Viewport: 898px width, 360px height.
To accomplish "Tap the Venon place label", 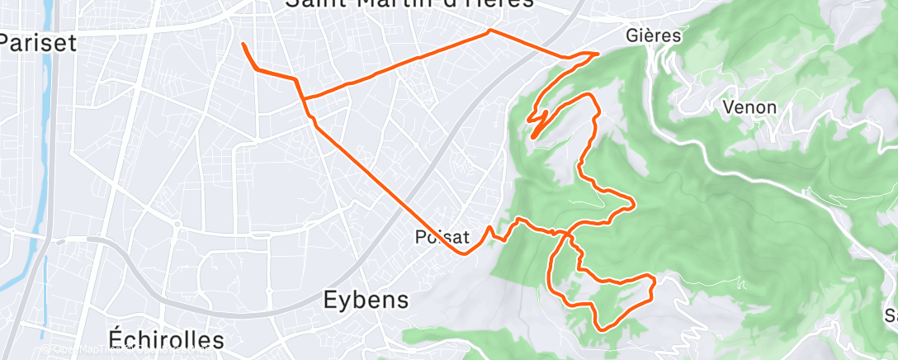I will pos(749,107).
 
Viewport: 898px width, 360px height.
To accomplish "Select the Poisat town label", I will pos(443,238).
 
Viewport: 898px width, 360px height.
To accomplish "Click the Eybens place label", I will pos(363,299).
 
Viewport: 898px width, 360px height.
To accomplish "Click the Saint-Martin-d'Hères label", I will pos(409,4).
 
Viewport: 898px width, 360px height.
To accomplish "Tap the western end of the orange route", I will pos(243,43).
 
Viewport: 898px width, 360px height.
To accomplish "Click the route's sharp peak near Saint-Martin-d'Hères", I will pos(490,31).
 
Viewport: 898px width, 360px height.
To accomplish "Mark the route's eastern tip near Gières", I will pos(598,54).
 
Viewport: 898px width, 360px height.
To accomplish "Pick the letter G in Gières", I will pos(632,36).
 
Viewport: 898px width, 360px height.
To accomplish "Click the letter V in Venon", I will pos(727,107).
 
